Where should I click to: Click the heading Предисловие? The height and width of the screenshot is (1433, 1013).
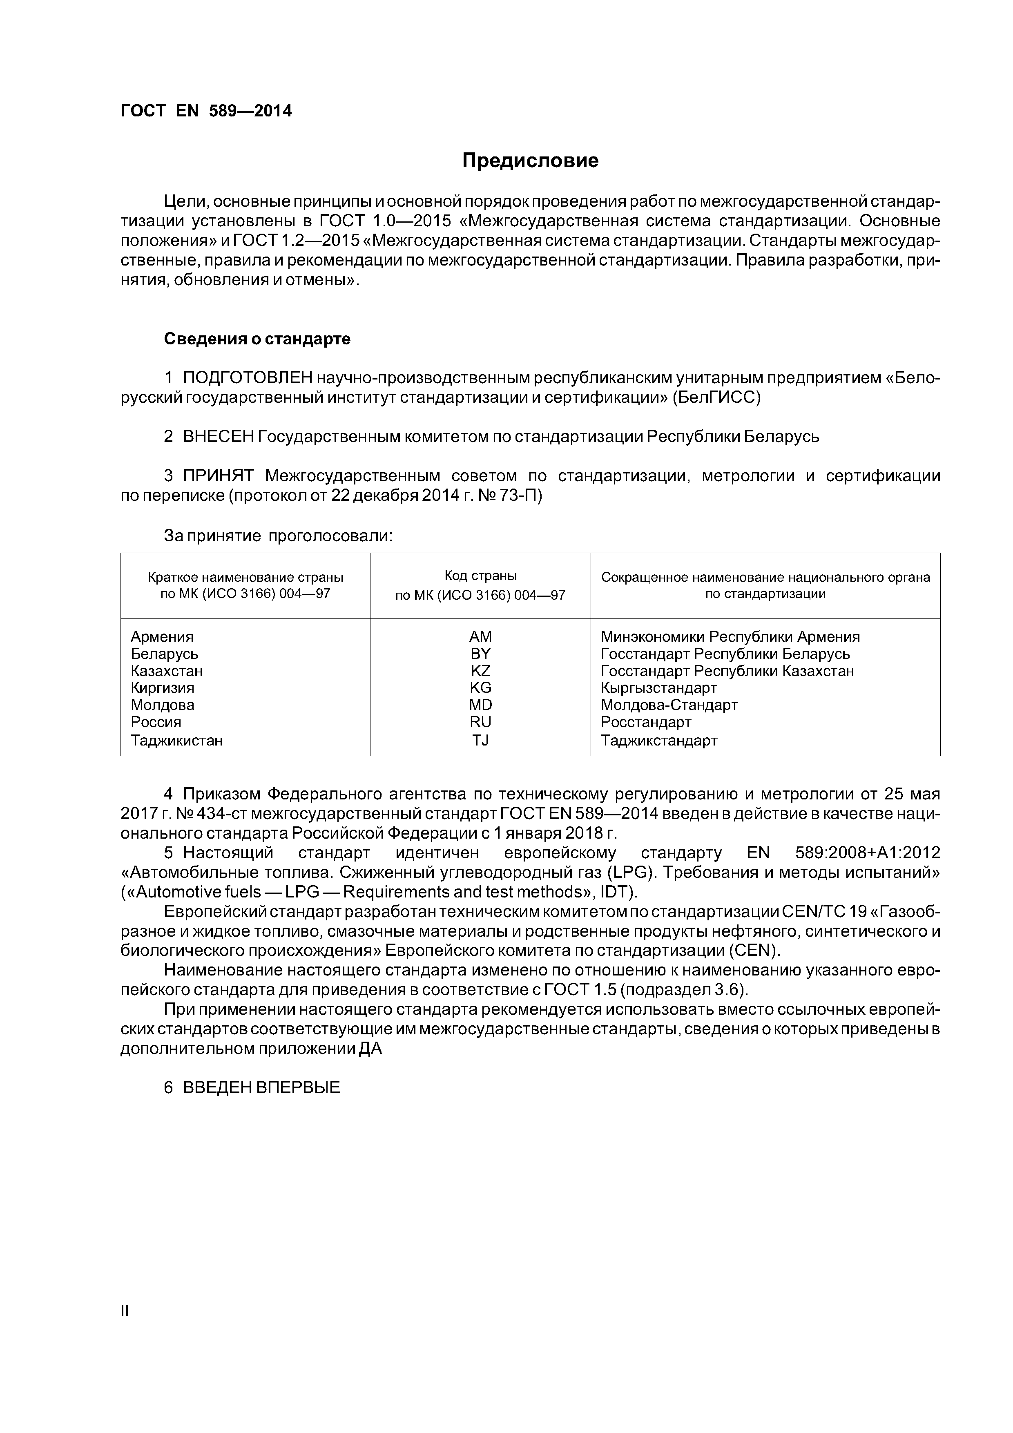(530, 161)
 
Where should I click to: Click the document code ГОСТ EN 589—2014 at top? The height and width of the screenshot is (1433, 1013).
(206, 111)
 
